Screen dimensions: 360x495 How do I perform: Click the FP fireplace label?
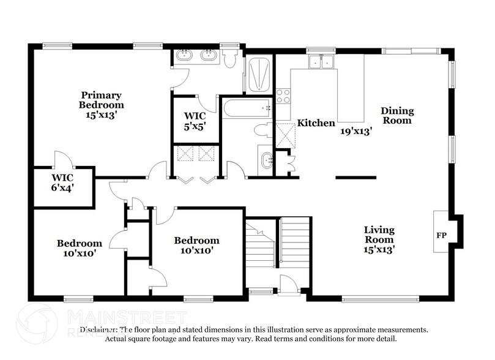(441, 234)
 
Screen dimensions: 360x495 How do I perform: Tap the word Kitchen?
(316, 123)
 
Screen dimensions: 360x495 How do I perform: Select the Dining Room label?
(397, 115)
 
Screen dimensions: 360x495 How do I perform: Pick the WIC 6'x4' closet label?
(62, 182)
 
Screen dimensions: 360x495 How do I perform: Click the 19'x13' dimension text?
(357, 130)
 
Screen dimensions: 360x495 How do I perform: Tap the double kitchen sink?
(321, 61)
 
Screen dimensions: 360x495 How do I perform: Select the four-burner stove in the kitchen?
(283, 96)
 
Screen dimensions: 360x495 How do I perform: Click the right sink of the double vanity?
(209, 57)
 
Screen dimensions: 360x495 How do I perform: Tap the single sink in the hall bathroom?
(267, 160)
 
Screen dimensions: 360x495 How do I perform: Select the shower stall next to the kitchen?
(259, 73)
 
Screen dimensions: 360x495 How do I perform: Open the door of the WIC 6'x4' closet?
(63, 160)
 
